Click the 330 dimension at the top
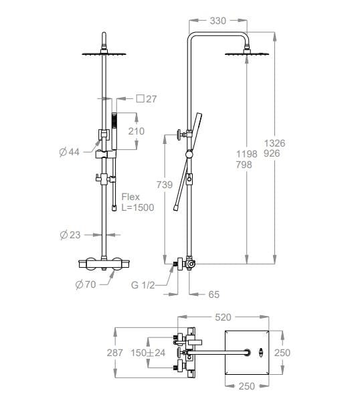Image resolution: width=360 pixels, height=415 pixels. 217,21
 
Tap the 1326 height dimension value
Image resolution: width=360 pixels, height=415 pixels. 275,143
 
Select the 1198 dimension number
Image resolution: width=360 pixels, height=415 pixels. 246,154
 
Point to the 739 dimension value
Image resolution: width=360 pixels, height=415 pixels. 164,185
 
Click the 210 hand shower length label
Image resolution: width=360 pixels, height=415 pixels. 137,131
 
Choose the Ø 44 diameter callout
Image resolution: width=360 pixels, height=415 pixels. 70,152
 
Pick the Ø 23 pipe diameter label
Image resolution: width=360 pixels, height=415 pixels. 70,235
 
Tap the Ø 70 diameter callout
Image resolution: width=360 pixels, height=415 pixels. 86,284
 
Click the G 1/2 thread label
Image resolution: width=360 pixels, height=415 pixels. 143,285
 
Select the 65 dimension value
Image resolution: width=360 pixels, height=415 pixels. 213,295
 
